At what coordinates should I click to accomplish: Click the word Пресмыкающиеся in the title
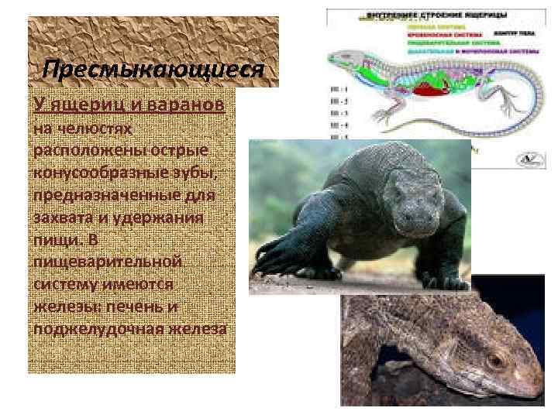(153, 70)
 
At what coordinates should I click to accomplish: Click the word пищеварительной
(107, 263)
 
